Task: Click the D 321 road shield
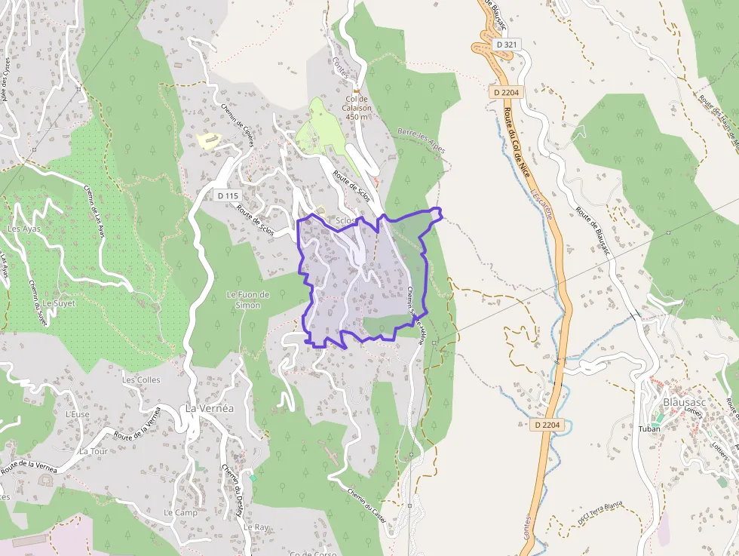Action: [507, 45]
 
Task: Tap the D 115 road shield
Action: [227, 195]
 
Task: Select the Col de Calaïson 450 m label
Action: [357, 107]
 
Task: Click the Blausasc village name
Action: [684, 402]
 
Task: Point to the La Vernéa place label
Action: [210, 408]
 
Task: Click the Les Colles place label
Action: [141, 380]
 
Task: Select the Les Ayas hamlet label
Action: [23, 229]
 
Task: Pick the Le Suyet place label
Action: [59, 303]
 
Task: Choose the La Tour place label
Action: [94, 451]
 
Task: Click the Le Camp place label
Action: [180, 512]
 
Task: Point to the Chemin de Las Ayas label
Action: [93, 210]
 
